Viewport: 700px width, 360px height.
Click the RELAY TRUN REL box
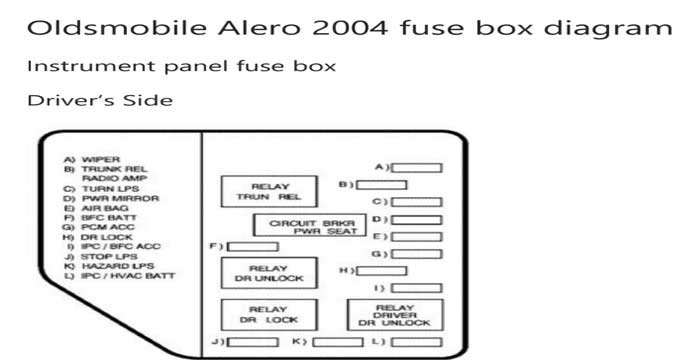pos(268,191)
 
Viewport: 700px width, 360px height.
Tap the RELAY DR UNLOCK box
pos(268,274)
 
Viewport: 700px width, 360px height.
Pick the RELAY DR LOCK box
pos(268,314)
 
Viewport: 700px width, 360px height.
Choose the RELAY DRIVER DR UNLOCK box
pos(394,315)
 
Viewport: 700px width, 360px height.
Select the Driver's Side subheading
pos(99,100)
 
